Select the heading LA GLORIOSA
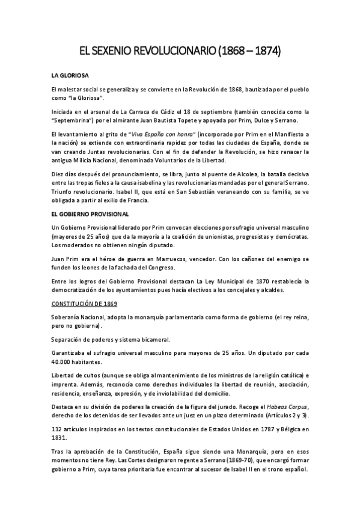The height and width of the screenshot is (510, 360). [70, 76]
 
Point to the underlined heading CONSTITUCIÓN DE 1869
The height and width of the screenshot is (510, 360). [84, 304]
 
